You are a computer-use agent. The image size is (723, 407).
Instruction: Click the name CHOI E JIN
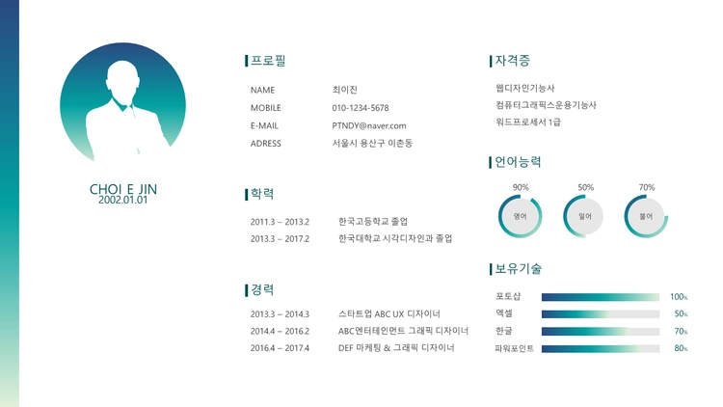tap(123, 189)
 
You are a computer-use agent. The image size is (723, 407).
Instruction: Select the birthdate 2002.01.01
tap(123, 200)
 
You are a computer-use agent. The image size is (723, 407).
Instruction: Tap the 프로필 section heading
tap(268, 61)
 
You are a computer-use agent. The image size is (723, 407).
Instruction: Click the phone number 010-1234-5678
tap(361, 108)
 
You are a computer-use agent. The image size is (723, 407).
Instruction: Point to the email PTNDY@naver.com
tap(369, 125)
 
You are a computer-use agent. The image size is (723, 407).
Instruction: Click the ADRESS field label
tap(266, 144)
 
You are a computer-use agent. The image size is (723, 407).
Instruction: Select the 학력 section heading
tap(262, 194)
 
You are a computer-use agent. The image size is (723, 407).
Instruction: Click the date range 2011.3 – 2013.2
tap(280, 222)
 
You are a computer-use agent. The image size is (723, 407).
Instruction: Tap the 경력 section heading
tap(262, 289)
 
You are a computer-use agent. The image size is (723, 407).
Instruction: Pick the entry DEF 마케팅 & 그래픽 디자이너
tap(396, 348)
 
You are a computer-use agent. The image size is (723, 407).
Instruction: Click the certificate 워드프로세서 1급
tap(528, 122)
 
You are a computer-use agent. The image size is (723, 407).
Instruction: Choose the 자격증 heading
tap(512, 61)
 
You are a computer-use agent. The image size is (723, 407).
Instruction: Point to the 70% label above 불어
tap(647, 187)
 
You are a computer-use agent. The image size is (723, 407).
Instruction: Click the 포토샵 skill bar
tap(601, 297)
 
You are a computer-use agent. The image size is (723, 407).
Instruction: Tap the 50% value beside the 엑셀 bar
tap(681, 314)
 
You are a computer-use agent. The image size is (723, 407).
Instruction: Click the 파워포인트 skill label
tap(514, 348)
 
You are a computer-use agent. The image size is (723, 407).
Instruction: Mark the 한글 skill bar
tap(601, 332)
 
